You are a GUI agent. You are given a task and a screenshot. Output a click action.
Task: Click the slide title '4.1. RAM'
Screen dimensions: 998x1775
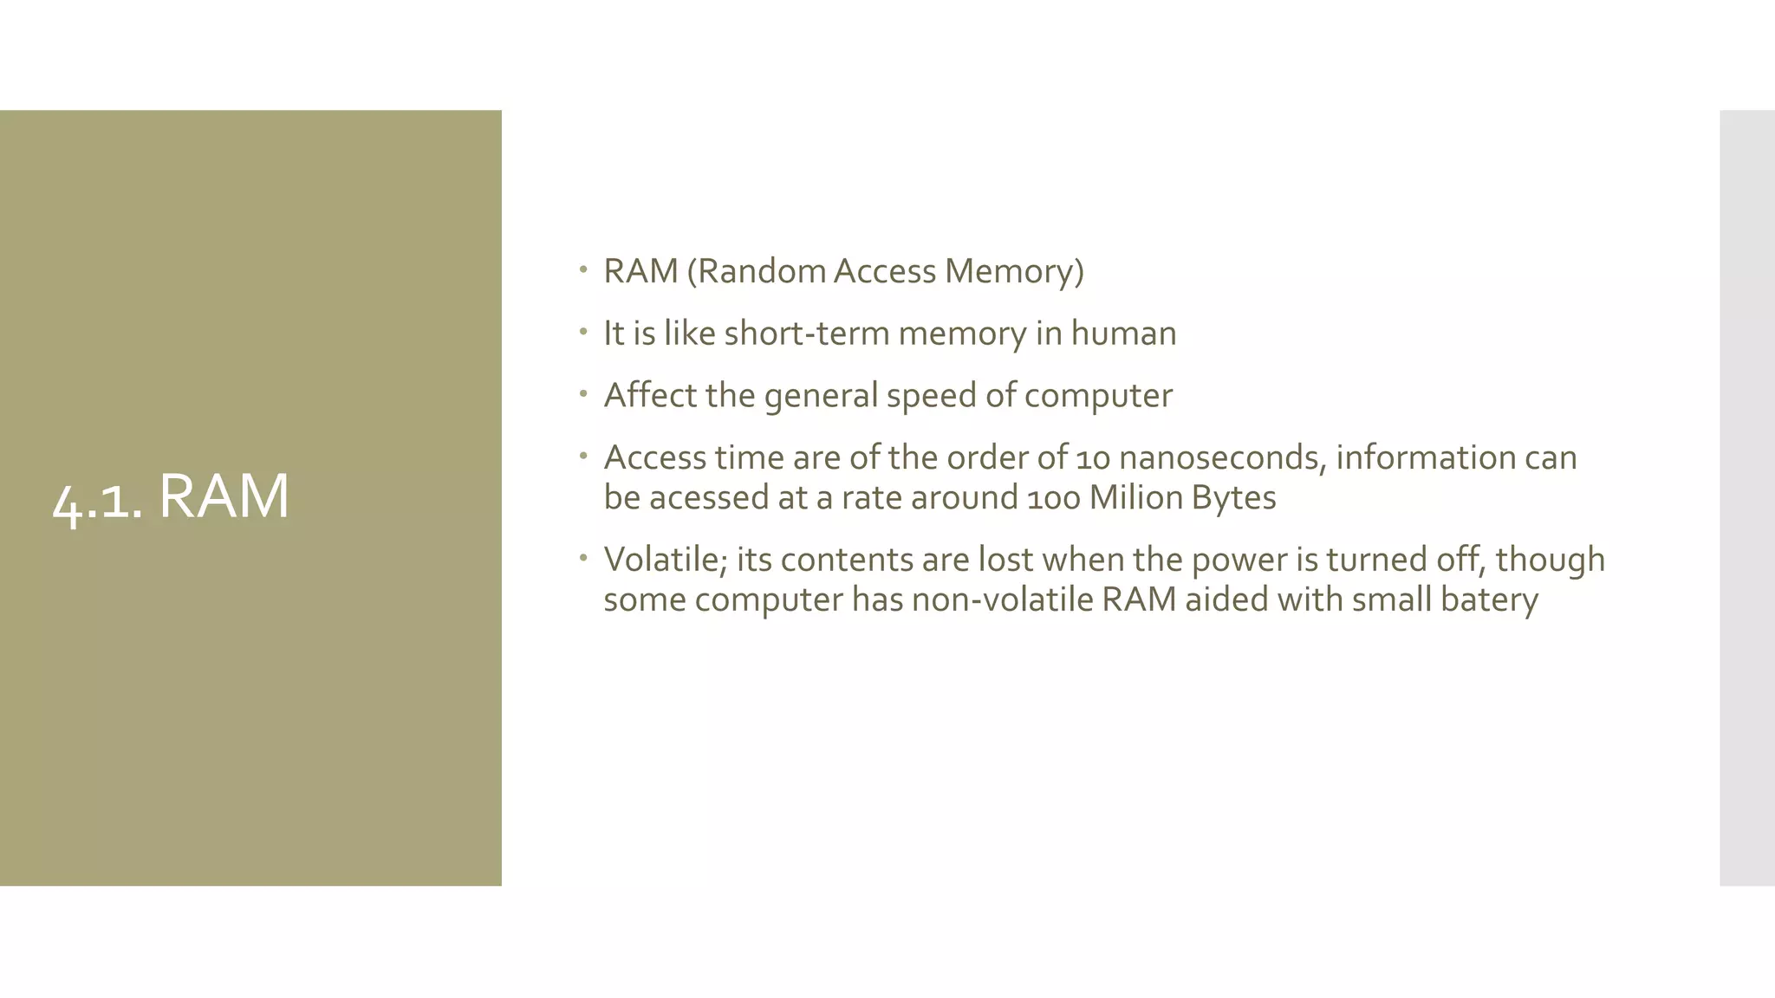click(171, 497)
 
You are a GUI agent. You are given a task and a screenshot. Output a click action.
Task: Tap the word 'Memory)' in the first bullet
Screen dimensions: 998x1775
click(1014, 271)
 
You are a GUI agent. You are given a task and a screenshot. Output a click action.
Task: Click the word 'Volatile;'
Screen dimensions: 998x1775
click(666, 560)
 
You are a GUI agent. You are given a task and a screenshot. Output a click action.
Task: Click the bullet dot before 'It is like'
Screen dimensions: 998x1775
click(584, 331)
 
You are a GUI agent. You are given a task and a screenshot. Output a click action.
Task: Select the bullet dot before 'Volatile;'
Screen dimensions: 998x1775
click(584, 557)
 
